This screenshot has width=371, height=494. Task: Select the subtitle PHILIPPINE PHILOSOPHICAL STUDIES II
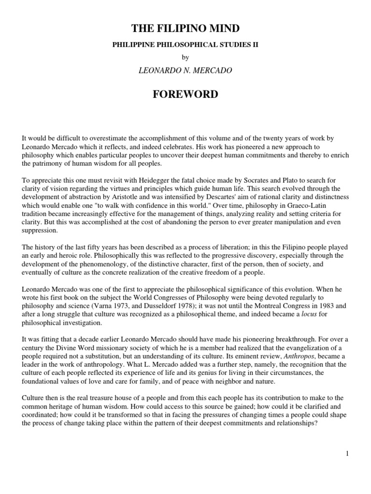click(x=185, y=44)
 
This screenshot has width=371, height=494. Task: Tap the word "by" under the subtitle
click(x=185, y=57)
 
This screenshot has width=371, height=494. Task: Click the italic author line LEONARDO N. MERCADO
click(x=185, y=71)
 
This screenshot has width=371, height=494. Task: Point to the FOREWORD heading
click(x=185, y=94)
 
